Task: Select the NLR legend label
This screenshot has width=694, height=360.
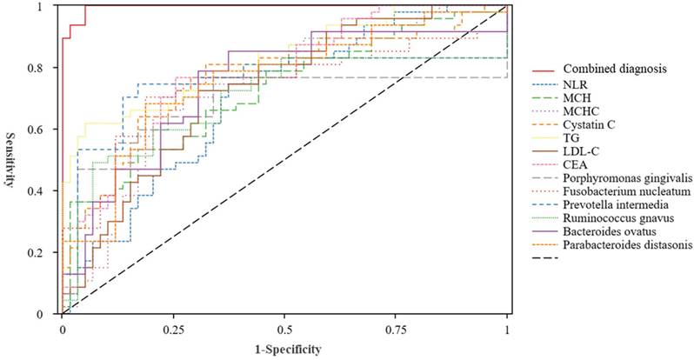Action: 575,84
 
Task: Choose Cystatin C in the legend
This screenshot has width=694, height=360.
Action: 589,124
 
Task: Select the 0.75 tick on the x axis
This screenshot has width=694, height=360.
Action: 396,331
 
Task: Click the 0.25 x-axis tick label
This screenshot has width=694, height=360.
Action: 173,331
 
